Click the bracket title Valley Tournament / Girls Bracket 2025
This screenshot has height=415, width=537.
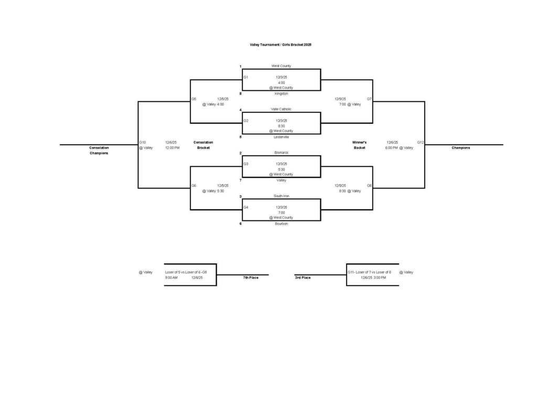click(281, 45)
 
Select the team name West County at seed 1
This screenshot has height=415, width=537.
click(281, 66)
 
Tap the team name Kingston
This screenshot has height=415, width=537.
click(281, 93)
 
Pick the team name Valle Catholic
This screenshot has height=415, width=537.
click(281, 109)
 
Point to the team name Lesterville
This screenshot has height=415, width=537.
click(281, 137)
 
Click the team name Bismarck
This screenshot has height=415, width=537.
click(281, 153)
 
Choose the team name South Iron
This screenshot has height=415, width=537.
click(281, 196)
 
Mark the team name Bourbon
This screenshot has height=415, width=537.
click(281, 224)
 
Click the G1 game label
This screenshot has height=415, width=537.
click(245, 77)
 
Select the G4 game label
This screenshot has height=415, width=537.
click(245, 207)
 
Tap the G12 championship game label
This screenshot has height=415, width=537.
click(421, 142)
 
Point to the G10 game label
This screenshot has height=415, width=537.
click(143, 142)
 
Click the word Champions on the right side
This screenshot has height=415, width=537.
click(461, 148)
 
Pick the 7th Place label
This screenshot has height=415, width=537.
click(251, 278)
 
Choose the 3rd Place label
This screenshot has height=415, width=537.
click(303, 278)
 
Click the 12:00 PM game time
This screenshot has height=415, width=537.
click(173, 148)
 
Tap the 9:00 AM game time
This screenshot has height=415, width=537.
click(171, 278)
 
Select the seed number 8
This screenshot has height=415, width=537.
click(240, 93)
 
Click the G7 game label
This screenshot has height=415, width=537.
click(369, 99)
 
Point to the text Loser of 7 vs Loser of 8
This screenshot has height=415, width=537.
click(373, 272)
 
